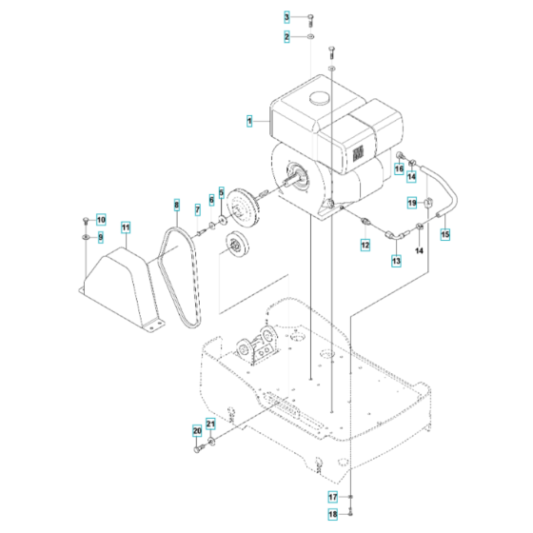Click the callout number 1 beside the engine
tap(249, 122)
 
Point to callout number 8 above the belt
tap(176, 206)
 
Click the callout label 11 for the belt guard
tap(125, 227)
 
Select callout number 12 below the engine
tap(365, 246)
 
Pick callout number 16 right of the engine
tap(400, 168)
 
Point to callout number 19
tap(412, 203)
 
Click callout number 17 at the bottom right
tap(333, 496)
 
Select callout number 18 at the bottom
tap(333, 514)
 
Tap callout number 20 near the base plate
tap(197, 431)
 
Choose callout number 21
tap(211, 424)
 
